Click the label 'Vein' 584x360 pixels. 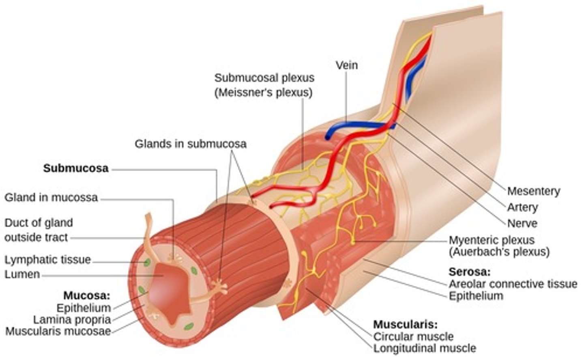[346, 65]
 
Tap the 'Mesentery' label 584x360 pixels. [533, 191]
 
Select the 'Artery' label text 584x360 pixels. [522, 207]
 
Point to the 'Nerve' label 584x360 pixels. [522, 223]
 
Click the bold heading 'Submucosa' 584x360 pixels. [76, 168]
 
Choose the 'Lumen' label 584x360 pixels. [22, 274]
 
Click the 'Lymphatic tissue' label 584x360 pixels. [48, 259]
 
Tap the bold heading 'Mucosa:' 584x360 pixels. [87, 295]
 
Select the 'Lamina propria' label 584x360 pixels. [72, 319]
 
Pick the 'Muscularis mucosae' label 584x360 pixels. [58, 331]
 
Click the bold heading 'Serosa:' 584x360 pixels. [469, 272]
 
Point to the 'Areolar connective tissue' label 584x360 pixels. [513, 284]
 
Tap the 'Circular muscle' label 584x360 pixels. [413, 336]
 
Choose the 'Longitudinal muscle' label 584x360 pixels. [425, 348]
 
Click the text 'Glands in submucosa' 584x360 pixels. [191, 144]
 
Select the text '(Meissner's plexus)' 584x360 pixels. [263, 93]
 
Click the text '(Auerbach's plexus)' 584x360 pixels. [499, 252]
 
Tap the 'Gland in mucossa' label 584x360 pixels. [51, 198]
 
